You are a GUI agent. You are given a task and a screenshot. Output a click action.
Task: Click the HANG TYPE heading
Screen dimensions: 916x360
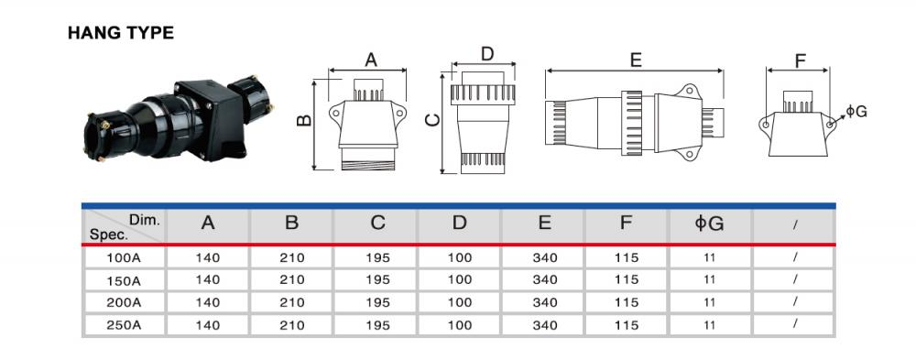tap(121, 33)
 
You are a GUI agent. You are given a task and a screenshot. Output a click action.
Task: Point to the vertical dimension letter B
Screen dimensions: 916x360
tap(304, 120)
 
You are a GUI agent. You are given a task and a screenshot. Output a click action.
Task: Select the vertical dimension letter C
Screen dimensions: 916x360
tap(432, 120)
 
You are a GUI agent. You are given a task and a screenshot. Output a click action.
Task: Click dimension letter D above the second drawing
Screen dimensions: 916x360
tap(487, 54)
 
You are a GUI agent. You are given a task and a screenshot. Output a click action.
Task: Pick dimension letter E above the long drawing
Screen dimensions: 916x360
tap(636, 60)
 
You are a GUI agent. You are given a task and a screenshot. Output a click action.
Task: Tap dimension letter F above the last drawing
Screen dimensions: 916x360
tap(801, 60)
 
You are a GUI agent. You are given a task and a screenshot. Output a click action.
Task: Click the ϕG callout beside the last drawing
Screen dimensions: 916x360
tap(856, 111)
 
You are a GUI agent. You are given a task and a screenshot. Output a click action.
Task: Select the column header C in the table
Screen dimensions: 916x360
tap(378, 223)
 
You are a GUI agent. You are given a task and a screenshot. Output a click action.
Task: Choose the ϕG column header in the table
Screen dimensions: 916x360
tap(710, 223)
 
